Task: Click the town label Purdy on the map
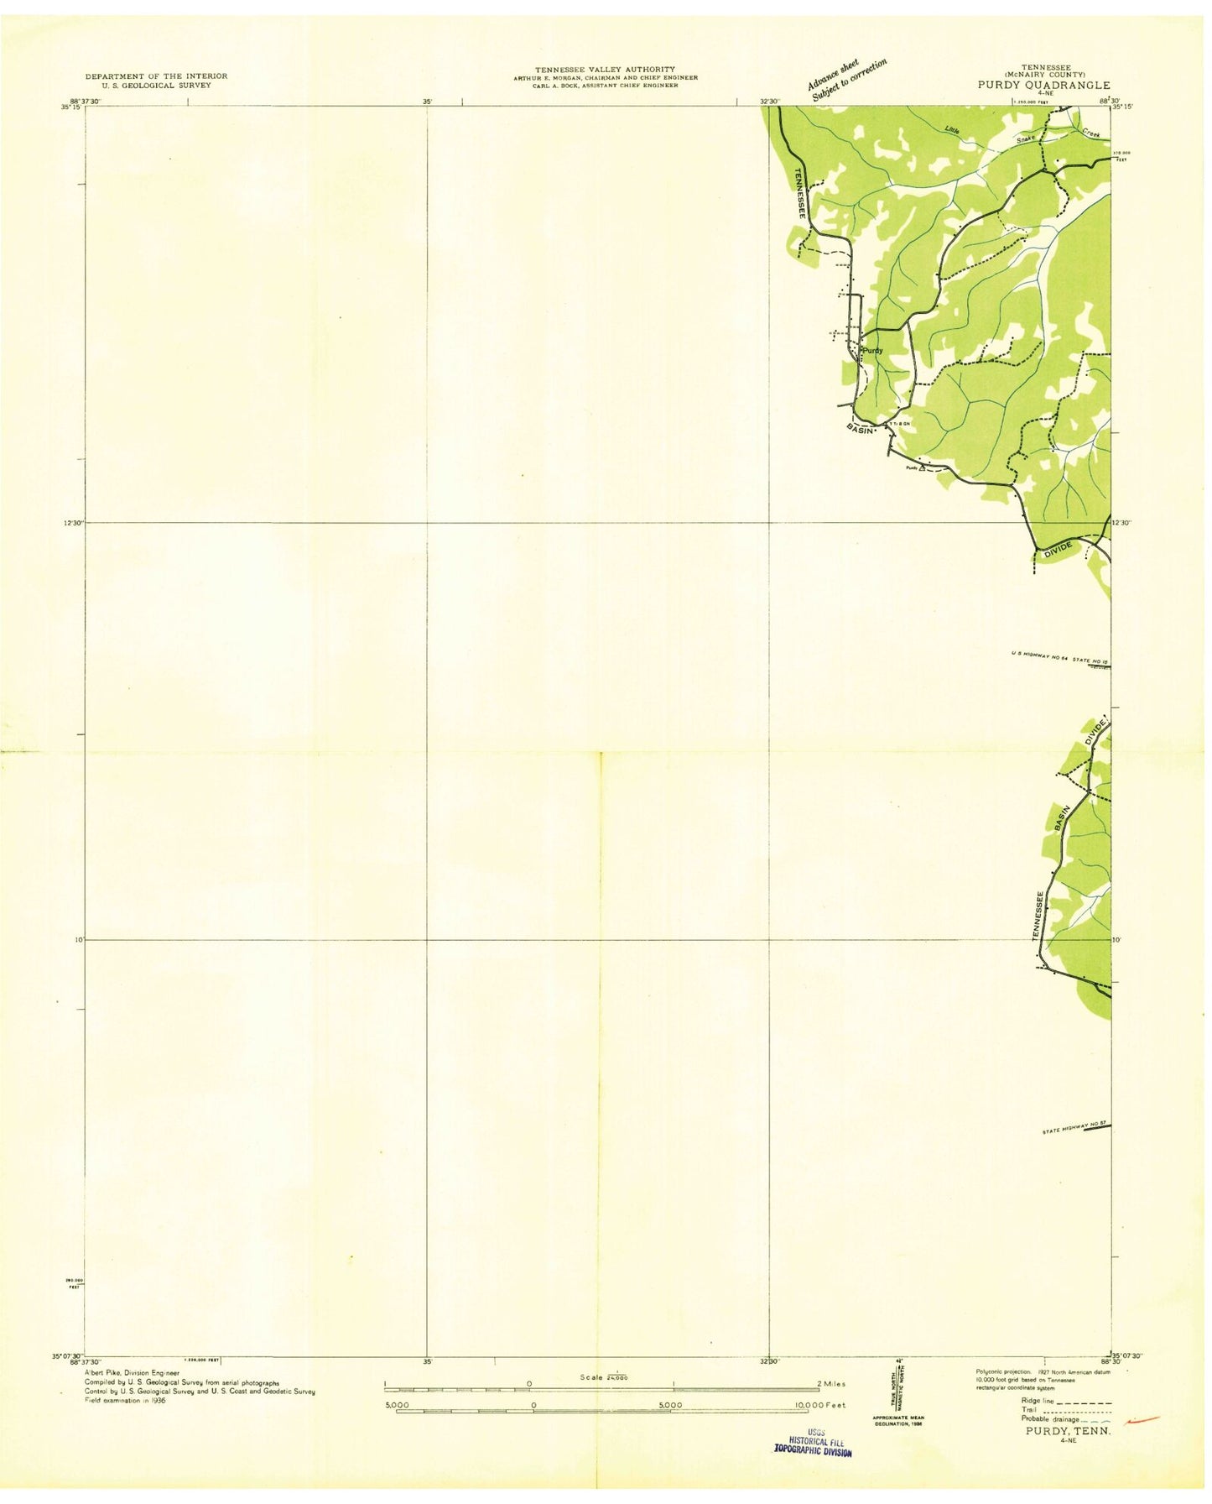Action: (872, 350)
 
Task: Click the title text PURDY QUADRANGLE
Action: (1043, 85)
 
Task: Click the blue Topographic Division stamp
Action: (812, 1452)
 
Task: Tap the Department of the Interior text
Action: (156, 76)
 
